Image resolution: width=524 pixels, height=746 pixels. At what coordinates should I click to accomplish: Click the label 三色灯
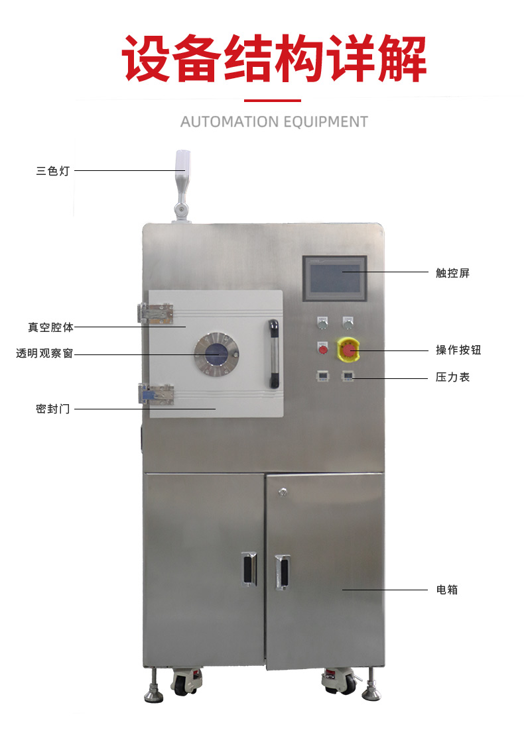tap(53, 171)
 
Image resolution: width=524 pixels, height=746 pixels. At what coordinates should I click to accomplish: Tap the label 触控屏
tap(452, 272)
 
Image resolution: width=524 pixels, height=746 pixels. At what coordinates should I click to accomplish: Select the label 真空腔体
tap(50, 327)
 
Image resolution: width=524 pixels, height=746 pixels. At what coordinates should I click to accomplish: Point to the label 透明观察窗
tap(44, 353)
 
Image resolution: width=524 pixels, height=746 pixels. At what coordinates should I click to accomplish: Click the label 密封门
tap(53, 409)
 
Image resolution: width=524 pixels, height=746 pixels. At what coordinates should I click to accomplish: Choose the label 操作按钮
tap(458, 350)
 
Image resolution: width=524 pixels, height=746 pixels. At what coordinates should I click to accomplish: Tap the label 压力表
tap(452, 377)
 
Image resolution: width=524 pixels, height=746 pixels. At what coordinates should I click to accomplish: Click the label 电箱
tap(447, 590)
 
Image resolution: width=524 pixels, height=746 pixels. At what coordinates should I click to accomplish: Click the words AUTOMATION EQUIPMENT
tap(274, 123)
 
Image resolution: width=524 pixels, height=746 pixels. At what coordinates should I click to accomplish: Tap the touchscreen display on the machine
tap(335, 278)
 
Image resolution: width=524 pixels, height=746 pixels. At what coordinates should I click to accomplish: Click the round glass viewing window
tap(216, 354)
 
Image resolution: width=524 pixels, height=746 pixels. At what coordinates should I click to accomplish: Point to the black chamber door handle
tap(273, 354)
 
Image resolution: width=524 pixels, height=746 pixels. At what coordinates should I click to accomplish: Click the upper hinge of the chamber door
tap(155, 313)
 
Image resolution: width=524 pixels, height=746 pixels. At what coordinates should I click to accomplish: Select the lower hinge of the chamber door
tap(156, 394)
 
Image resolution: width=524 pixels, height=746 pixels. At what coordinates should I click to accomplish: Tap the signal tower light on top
tap(182, 186)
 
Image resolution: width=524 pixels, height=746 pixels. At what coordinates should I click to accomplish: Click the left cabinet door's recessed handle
tap(249, 569)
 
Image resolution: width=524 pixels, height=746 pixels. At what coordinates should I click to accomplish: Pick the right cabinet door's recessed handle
tap(282, 572)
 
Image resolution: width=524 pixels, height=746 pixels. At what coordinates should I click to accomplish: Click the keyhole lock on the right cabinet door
tap(283, 492)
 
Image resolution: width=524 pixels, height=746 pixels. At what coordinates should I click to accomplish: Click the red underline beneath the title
tap(273, 101)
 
